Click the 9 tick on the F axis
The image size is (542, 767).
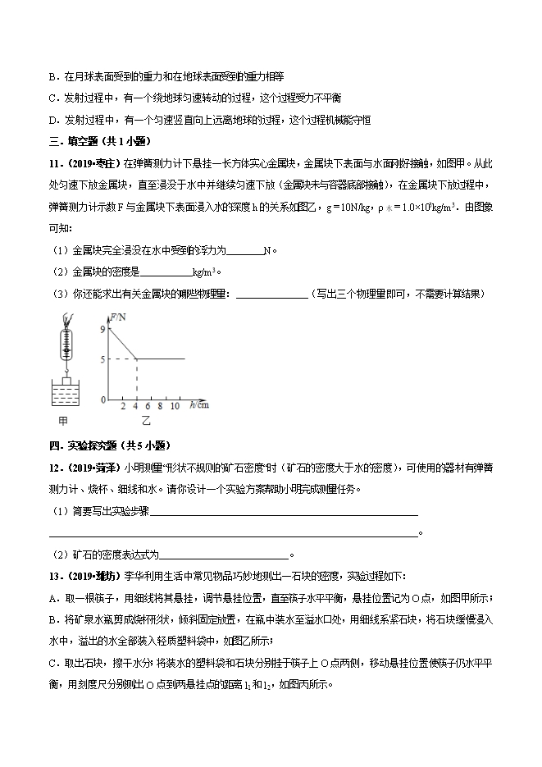[x=102, y=328]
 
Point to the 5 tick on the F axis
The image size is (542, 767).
[x=102, y=358]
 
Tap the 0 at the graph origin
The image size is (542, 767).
[x=104, y=399]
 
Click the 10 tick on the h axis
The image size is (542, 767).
[x=175, y=405]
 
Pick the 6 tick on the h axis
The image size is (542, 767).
[x=148, y=405]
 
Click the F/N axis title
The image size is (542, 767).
[x=119, y=316]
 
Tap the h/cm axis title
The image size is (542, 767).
[x=198, y=404]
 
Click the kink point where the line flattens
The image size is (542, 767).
[x=136, y=358]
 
